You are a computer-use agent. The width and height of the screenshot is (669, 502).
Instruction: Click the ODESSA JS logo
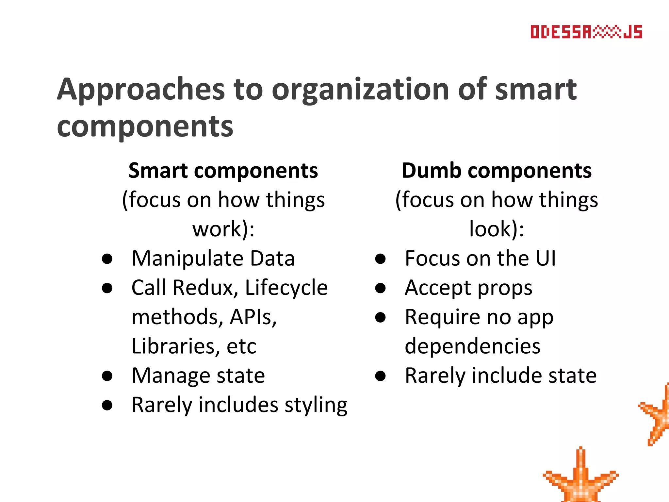coord(586,32)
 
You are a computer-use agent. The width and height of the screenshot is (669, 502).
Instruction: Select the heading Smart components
coord(223,171)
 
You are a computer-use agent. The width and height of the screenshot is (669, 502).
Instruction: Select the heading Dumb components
coord(496,171)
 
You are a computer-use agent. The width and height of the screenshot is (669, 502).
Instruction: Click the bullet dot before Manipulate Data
coord(107,259)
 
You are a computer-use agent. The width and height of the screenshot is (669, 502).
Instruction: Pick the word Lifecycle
coord(286,288)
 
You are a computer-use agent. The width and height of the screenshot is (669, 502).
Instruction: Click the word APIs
coord(252,317)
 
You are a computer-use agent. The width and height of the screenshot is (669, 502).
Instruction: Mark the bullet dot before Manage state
coord(107,376)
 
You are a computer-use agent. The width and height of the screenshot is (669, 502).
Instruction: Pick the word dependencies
coord(472,346)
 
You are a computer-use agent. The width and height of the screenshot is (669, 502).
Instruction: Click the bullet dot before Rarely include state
coord(380,376)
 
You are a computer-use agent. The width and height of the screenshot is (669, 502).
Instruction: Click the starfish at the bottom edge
coord(580,480)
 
